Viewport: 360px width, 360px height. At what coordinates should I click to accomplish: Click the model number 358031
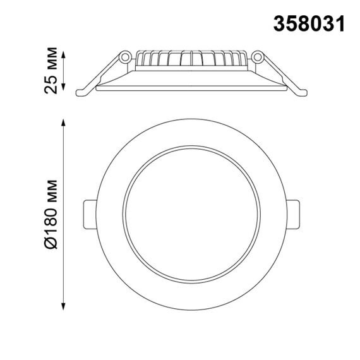click(x=309, y=23)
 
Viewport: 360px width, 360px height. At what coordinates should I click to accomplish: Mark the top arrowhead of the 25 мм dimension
click(x=64, y=51)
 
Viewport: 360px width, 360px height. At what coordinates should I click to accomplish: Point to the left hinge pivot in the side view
click(x=125, y=57)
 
